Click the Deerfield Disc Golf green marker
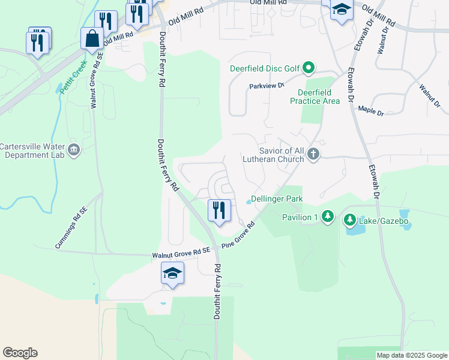pos(309,68)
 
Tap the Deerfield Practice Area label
pos(319,97)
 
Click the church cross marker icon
pos(313,155)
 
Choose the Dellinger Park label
pos(276,199)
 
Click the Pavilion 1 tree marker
pos(327,216)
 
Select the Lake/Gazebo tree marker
pos(349,221)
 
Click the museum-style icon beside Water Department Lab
pos(74,149)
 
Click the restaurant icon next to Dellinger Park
pos(218,210)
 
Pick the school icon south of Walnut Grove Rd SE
pos(172,274)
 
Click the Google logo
pos(20,353)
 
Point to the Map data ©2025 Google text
pos(411,355)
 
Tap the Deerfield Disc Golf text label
pos(265,68)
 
